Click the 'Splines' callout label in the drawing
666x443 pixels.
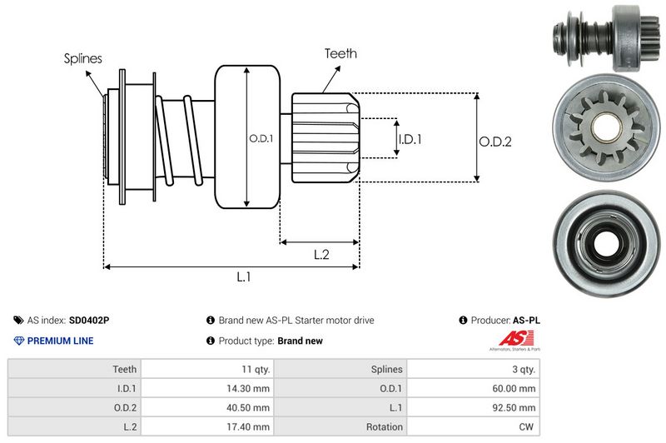click(x=83, y=58)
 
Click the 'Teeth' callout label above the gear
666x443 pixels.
click(x=340, y=53)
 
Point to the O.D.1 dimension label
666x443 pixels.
click(x=261, y=138)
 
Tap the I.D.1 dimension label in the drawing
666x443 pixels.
click(x=410, y=139)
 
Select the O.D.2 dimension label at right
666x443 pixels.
click(x=495, y=142)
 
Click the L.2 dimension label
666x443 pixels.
click(x=321, y=255)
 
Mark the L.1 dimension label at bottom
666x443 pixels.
click(x=243, y=276)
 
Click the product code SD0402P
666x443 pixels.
click(x=89, y=320)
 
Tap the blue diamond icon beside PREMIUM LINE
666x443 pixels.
click(x=18, y=341)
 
